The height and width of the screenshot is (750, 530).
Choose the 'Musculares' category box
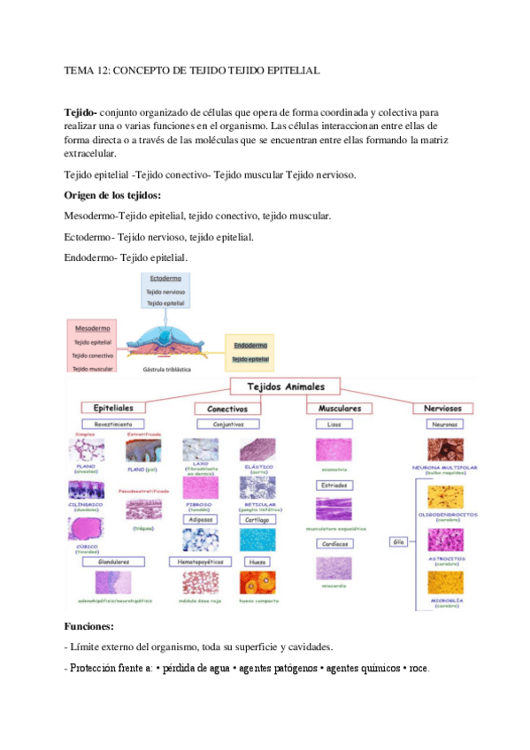337,409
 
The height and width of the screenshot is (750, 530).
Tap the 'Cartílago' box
257,520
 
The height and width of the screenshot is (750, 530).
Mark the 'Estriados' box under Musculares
335,486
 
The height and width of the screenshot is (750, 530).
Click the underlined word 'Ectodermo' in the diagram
166,279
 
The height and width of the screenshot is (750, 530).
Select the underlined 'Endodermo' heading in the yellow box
250,346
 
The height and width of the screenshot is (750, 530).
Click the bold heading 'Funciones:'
89,625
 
